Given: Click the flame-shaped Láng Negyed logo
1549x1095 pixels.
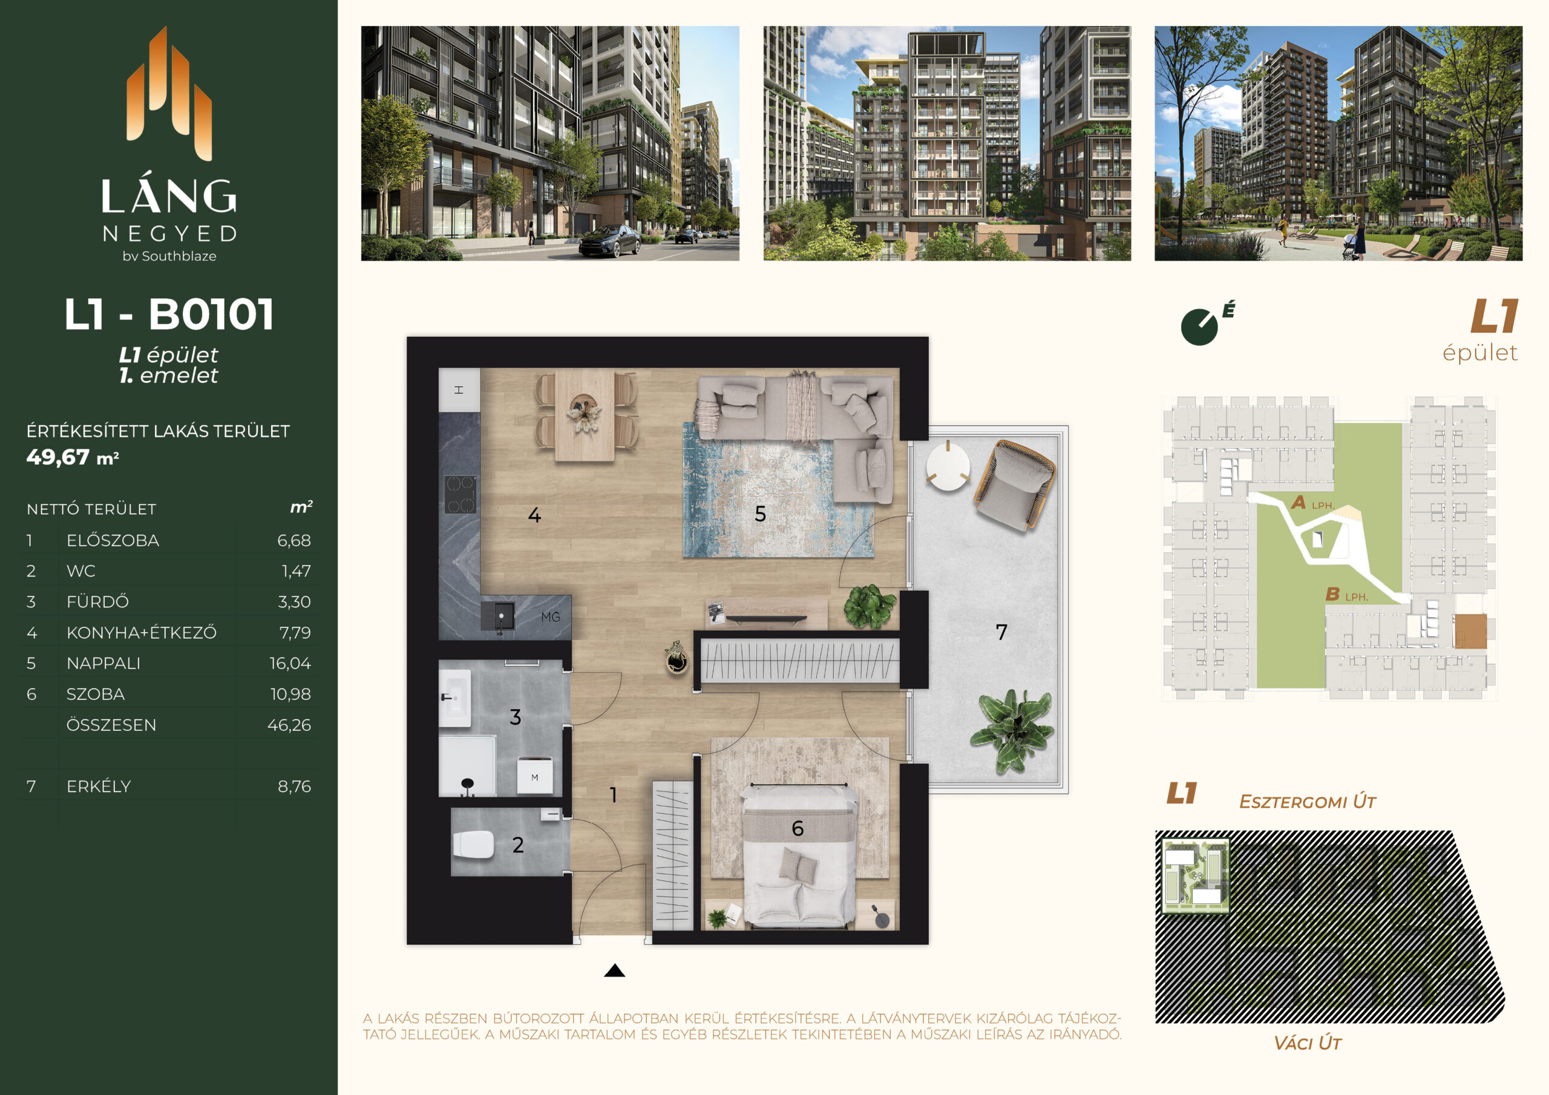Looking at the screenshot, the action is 169,94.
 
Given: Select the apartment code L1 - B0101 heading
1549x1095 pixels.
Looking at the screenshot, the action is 169,315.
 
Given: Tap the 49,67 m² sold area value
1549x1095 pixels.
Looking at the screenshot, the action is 73,457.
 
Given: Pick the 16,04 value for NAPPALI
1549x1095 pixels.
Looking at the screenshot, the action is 290,663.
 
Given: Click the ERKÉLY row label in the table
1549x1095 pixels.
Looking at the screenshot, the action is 99,786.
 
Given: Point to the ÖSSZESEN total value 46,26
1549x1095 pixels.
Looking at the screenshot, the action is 289,725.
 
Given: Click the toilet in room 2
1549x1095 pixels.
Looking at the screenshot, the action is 473,844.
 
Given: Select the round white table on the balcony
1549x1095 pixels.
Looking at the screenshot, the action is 948,466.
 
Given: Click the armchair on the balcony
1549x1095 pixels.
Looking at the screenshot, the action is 1015,485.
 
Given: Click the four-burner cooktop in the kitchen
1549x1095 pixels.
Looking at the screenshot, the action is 459,494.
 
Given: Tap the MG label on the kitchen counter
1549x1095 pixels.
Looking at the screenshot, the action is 551,616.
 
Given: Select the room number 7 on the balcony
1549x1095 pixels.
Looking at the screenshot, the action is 1001,632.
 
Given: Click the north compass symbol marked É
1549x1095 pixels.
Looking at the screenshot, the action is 1205,324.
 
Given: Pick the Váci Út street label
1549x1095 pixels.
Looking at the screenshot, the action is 1307,1043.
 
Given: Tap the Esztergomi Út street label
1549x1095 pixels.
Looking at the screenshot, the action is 1307,802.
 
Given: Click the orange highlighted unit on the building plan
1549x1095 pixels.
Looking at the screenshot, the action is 1470,632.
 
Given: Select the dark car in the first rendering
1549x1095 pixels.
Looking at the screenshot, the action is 609,241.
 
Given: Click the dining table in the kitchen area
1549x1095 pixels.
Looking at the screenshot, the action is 585,415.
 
